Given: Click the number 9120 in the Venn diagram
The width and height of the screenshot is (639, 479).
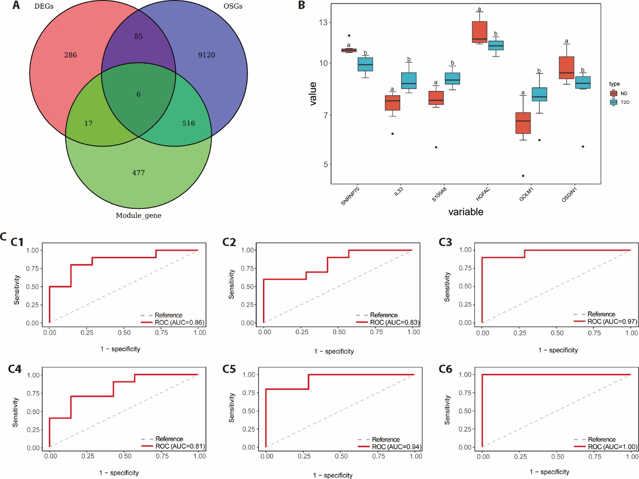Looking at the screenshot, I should (x=207, y=55).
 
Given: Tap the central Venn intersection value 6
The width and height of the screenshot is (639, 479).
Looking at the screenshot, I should (x=139, y=94).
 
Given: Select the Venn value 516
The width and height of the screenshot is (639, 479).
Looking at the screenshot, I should (x=188, y=124).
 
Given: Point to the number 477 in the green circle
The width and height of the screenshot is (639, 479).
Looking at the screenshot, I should (x=139, y=173).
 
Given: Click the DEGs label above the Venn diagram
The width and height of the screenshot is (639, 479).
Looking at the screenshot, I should (x=44, y=7).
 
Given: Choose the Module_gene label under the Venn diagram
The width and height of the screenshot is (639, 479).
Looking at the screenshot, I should (x=139, y=215).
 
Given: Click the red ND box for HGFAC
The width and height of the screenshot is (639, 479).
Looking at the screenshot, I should (x=479, y=32).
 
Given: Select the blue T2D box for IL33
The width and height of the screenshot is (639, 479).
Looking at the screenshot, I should (x=409, y=80).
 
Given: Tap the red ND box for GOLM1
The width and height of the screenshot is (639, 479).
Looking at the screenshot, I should (x=523, y=123).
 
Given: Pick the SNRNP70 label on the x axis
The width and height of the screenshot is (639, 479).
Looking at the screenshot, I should (x=350, y=196).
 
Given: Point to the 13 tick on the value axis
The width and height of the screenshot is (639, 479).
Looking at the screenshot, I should (x=323, y=23).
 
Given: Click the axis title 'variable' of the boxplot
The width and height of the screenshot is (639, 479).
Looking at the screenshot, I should (x=466, y=212).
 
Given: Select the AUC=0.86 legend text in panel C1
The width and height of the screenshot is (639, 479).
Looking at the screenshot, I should (x=179, y=323).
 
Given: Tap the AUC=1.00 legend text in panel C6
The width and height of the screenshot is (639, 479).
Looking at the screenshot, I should (x=613, y=447).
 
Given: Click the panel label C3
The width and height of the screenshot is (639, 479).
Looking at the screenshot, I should (x=445, y=242).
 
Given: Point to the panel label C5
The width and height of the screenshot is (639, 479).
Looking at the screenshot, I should (x=229, y=369).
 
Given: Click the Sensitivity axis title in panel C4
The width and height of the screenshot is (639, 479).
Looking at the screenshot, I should (x=15, y=412).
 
